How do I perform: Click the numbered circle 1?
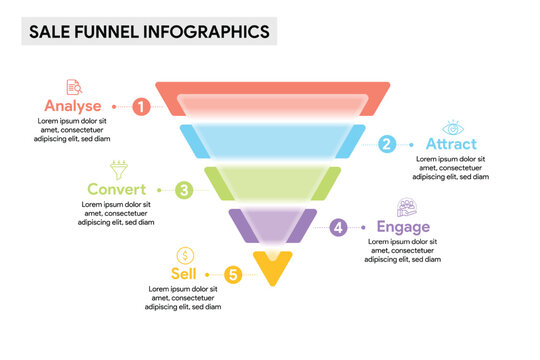[142, 105]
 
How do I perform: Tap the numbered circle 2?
[387, 144]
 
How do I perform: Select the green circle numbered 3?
[184, 189]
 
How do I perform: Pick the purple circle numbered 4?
[339, 228]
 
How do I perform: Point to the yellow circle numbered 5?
[233, 273]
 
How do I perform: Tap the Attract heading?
[452, 144]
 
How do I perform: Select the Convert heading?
[117, 189]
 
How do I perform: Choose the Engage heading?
[403, 228]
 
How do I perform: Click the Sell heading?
[184, 273]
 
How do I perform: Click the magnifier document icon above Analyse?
[74, 87]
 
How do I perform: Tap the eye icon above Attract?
[453, 127]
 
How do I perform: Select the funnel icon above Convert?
[118, 169]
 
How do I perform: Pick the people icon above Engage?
[406, 208]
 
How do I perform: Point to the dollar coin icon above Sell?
[184, 255]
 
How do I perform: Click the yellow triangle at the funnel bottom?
[271, 266]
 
